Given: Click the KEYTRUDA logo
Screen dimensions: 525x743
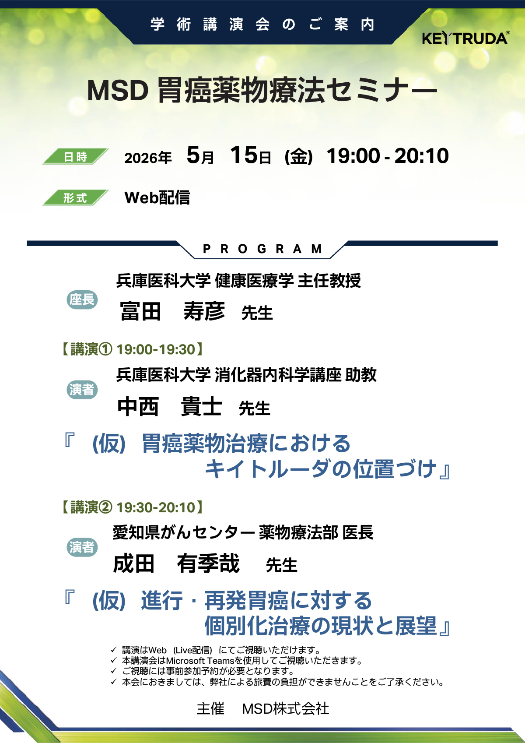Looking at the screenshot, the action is coord(465,38).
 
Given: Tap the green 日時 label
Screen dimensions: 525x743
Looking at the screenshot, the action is coord(76,157).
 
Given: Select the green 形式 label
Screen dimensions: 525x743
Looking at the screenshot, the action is coord(76,198).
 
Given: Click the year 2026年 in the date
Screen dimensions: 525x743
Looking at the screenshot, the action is coord(148,158).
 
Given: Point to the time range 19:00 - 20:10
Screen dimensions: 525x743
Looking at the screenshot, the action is coord(388,155).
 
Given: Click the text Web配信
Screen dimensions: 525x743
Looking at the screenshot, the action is coord(157,198).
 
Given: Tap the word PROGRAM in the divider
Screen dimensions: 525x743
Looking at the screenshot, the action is coord(262,248).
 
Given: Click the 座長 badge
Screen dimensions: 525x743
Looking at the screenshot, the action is coord(82,300).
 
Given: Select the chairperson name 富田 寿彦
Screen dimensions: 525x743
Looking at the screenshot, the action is coord(172,311).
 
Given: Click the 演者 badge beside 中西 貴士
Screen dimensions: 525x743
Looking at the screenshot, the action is coord(82,389).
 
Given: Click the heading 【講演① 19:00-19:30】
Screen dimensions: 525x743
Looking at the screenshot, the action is coord(133,349).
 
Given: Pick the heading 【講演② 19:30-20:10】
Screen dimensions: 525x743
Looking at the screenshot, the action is coord(133,507).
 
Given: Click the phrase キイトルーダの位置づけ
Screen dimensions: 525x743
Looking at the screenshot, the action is coord(321,469).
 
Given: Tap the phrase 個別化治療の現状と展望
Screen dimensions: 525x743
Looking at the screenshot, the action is coord(321,626).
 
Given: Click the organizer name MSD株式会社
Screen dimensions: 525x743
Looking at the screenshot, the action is coord(286,709).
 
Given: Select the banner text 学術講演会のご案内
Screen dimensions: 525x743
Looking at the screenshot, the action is coord(262,25).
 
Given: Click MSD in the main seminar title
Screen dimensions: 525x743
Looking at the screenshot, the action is coord(118,91).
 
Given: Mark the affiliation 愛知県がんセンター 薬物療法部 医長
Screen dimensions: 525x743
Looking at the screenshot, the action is coord(243,532).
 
